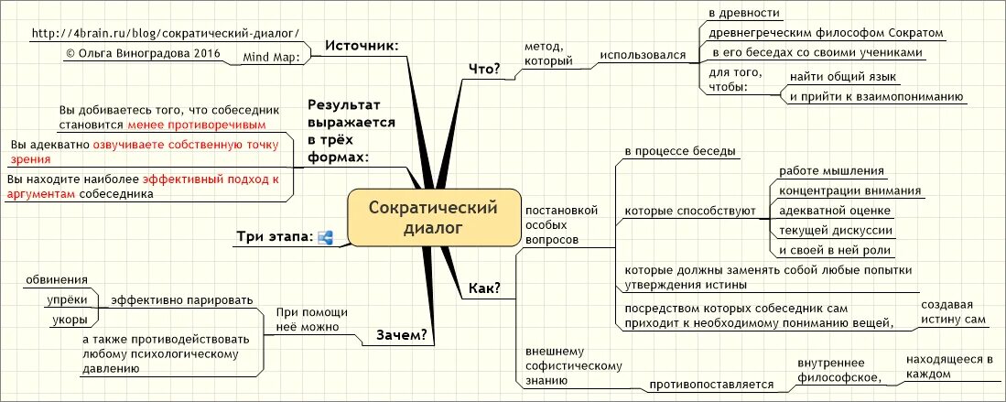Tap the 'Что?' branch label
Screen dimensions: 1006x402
[x=484, y=69]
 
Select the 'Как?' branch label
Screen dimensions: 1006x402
[x=484, y=288]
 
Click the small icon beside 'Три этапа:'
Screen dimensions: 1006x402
[x=325, y=237]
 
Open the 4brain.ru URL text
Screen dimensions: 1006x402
[x=165, y=33]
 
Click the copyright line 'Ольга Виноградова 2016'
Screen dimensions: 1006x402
[x=136, y=53]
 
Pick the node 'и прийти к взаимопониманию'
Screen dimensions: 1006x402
[x=876, y=96]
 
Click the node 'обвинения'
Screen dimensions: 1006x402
[x=57, y=279]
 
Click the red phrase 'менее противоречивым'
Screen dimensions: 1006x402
[x=197, y=124]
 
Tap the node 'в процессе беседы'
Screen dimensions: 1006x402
[x=681, y=150]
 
